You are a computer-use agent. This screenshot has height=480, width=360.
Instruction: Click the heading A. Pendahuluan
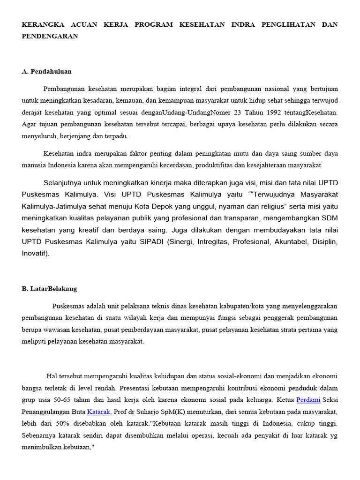tap(46, 71)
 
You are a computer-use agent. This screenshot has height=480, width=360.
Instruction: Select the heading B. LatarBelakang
tap(49, 288)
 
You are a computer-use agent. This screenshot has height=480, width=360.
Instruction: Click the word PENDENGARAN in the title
tap(50, 36)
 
